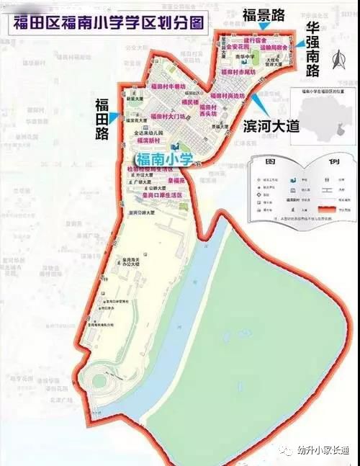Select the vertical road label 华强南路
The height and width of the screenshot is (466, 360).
click(313, 51)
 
